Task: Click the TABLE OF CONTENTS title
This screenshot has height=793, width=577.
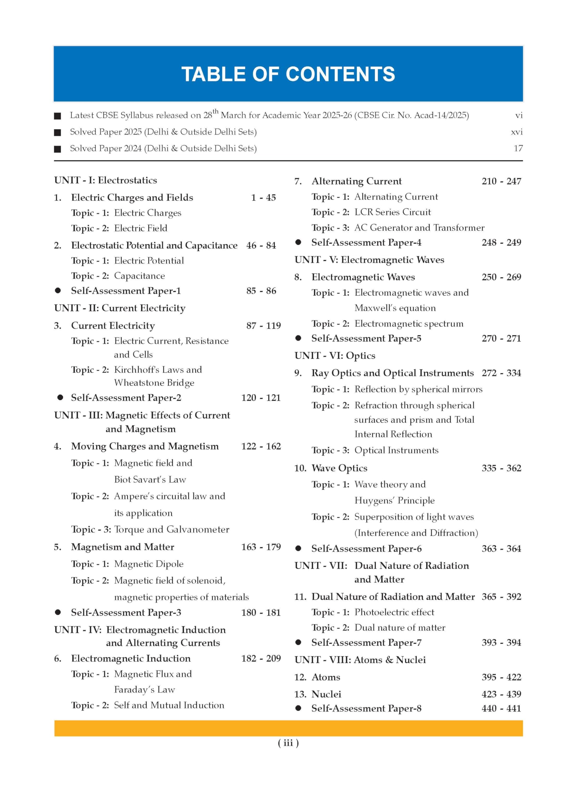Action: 288,74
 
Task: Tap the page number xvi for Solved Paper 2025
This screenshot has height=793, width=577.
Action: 517,132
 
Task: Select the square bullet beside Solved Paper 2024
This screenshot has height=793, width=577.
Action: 58,149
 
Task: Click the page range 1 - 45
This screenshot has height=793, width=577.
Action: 263,198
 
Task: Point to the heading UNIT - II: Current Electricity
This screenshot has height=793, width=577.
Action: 120,308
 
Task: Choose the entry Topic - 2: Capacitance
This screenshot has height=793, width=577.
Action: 118,276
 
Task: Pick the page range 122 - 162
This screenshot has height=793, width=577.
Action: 261,446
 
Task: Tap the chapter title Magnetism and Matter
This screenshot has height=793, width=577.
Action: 122,547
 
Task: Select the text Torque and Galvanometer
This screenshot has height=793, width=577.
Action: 172,529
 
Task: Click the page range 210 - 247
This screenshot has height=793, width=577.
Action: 501,181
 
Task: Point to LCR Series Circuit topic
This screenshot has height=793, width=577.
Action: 392,212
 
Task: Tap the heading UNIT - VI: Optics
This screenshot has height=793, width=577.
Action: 335,356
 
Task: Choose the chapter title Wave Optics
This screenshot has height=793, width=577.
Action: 339,468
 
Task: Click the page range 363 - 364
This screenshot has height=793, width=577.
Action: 501,549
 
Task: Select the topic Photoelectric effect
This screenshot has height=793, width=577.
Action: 394,612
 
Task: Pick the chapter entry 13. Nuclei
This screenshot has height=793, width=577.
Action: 318,694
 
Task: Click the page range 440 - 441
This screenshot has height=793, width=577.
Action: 501,708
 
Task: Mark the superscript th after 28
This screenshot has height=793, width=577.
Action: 215,112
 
